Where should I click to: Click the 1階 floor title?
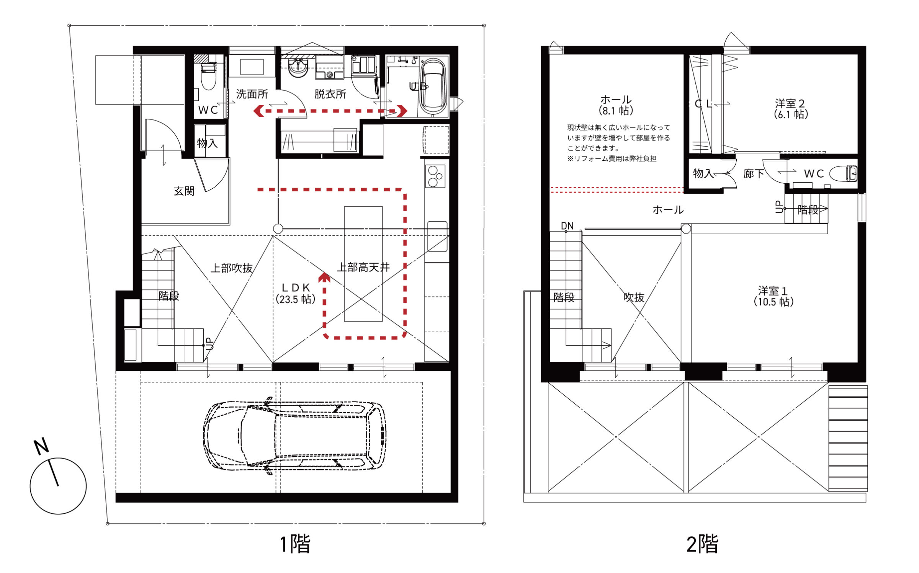[295, 544]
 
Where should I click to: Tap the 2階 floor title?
[702, 544]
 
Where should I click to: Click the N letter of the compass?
[41, 446]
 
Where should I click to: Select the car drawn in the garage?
[294, 436]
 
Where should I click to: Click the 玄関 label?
[184, 191]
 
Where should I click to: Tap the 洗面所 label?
[252, 94]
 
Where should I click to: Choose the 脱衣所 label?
[330, 94]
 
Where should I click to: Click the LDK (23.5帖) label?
[296, 294]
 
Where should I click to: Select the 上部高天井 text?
[363, 267]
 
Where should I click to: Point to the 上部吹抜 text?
[232, 268]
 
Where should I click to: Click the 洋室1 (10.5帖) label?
[773, 296]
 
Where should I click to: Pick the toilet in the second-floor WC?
[844, 174]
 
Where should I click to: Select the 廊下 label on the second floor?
[754, 174]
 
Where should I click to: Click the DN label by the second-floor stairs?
[567, 226]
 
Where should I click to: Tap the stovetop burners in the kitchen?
[435, 176]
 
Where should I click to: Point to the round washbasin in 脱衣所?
[298, 68]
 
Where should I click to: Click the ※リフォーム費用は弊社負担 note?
[612, 158]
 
